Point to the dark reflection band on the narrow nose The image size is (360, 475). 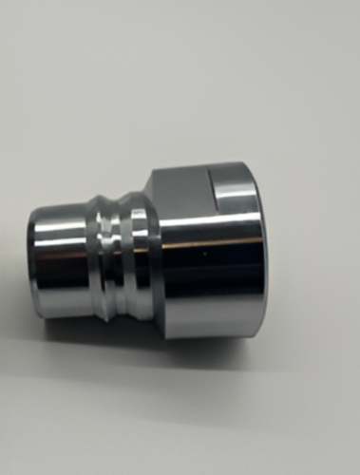62,280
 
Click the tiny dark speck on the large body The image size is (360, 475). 202,255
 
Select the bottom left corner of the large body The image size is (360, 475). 157,329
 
